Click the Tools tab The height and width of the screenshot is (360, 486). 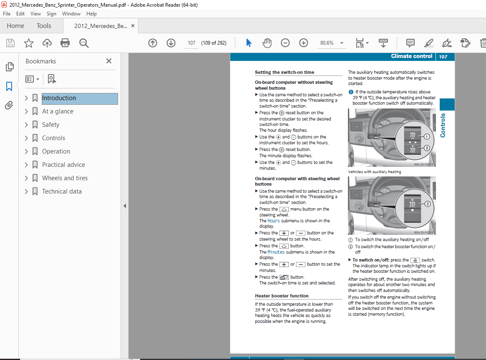44,26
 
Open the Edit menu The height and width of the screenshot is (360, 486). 20,14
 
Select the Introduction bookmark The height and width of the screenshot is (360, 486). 59,98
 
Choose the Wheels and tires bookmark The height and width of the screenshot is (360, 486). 65,178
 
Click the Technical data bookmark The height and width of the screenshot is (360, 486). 62,191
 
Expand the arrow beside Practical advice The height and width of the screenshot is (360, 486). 26,165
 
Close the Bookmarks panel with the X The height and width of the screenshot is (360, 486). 109,61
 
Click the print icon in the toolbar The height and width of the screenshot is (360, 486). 65,43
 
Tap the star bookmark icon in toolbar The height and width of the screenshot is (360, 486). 28,43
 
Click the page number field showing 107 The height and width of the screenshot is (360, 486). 191,43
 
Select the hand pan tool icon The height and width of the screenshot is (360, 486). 267,43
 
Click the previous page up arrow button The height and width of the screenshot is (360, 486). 153,43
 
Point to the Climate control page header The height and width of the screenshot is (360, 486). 411,56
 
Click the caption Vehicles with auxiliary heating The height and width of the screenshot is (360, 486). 375,171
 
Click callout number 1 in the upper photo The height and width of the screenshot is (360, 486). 427,136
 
